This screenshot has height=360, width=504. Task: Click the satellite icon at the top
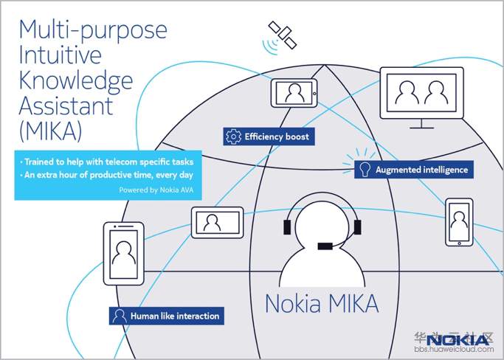[x=283, y=35]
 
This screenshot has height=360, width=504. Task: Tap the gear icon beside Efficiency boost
[x=233, y=136]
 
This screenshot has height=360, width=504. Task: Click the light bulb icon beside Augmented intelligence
[x=365, y=170]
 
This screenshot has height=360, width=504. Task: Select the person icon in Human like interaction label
[x=120, y=316]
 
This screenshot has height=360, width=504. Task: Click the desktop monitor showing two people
[x=421, y=97]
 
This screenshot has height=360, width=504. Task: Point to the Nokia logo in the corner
[x=458, y=340]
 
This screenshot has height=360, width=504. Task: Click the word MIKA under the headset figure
[x=354, y=303]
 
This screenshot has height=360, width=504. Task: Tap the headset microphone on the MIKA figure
[x=325, y=246]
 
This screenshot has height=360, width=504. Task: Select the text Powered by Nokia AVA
[x=156, y=190]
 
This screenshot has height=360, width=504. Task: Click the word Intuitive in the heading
[x=60, y=55]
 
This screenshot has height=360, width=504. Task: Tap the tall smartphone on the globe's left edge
[x=124, y=254]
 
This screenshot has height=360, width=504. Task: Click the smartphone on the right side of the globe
[x=459, y=223]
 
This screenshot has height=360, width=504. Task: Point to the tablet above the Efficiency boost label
[x=294, y=93]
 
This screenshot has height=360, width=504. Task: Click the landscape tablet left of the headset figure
[x=218, y=223]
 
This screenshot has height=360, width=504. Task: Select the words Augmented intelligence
[x=421, y=170]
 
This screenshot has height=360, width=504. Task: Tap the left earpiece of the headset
[x=287, y=227]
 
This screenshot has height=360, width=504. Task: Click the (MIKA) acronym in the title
[x=50, y=132]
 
